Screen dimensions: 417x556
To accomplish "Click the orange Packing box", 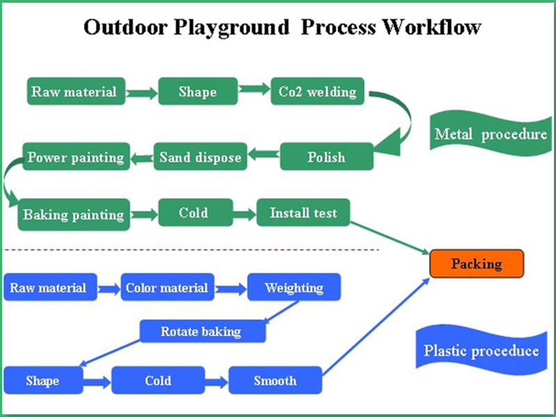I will tap(476, 264).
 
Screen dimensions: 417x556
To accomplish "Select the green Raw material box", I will tap(73, 92).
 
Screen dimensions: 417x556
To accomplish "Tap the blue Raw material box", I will tap(48, 288).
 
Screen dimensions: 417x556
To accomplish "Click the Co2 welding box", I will tap(317, 92).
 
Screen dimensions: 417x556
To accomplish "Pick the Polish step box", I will tap(326, 157).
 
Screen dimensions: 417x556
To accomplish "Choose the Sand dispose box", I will tap(200, 157).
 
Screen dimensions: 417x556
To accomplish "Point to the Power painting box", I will tap(76, 157).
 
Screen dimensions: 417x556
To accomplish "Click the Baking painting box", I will tap(74, 214).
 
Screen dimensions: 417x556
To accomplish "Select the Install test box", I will tap(302, 213).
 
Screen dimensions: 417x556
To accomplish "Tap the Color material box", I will tap(167, 288).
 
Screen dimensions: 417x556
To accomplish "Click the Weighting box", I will tap(294, 288).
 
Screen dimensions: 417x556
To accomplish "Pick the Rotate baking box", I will tap(202, 332).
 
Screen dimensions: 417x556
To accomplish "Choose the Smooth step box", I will tap(275, 381).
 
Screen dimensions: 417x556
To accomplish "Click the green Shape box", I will tap(197, 92).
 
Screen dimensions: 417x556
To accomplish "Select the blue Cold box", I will tap(158, 381).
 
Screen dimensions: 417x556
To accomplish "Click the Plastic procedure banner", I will tap(481, 350).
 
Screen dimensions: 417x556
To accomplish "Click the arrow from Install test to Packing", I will tap(389, 236).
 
